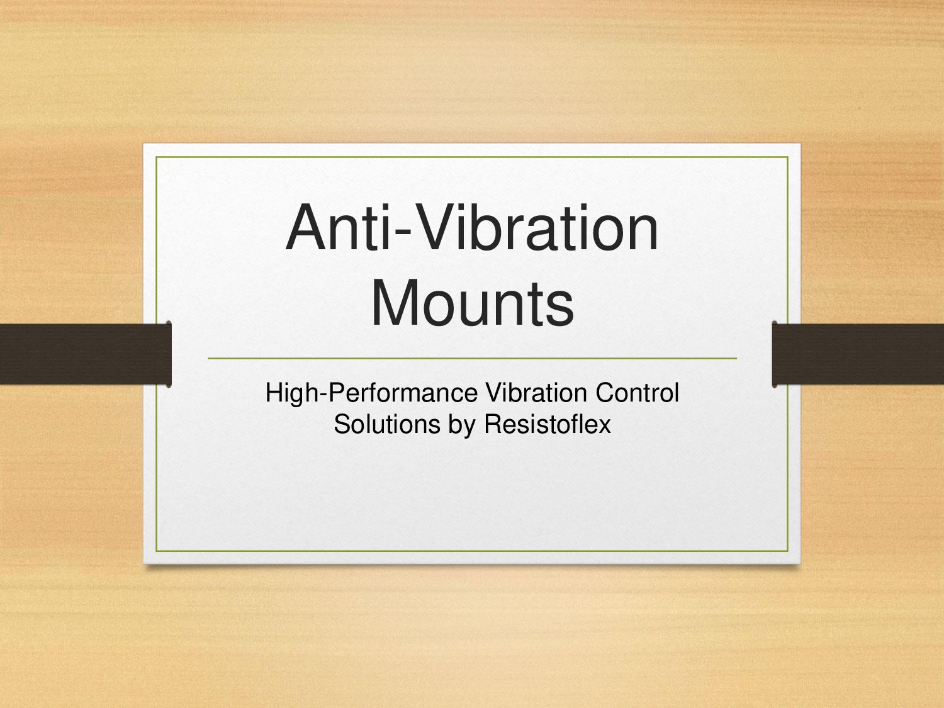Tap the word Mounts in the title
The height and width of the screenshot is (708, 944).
point(472,303)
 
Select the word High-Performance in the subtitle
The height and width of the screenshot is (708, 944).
point(371,393)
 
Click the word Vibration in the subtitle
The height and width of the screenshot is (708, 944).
point(537,393)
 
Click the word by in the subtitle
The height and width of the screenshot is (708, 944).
point(461,425)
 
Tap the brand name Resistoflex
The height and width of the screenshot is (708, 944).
point(547,424)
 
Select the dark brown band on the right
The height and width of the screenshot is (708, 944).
point(858,354)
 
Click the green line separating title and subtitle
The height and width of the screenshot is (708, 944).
point(472,359)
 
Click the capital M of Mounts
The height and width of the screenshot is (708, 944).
point(396,303)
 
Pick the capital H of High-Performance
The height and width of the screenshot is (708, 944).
point(274,393)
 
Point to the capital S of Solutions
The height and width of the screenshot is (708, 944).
point(342,424)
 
